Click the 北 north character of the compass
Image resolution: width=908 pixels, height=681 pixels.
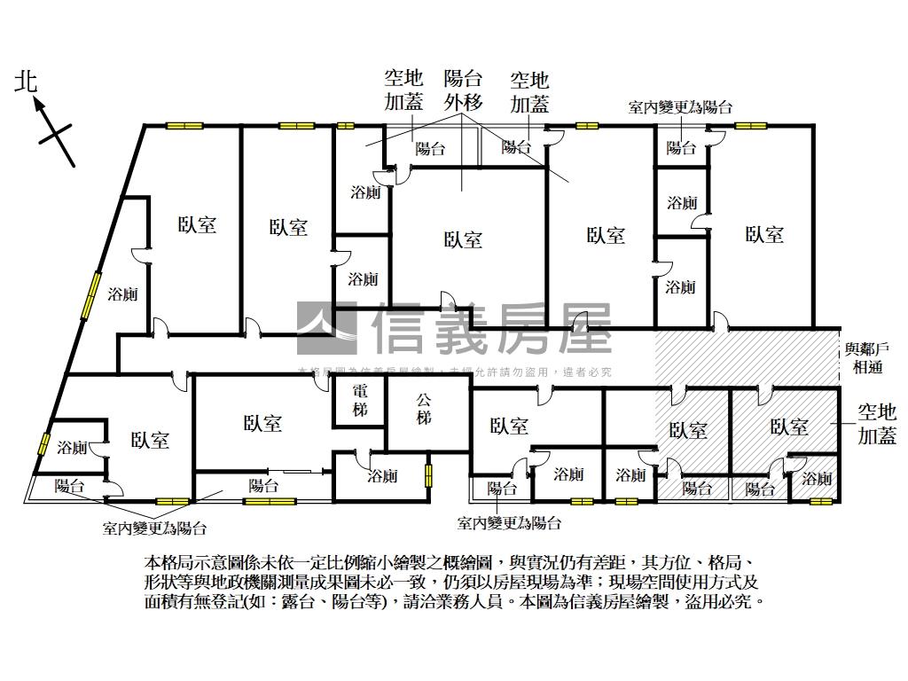pyautogui.click(x=26, y=83)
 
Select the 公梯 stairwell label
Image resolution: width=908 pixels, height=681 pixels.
pyautogui.click(x=425, y=408)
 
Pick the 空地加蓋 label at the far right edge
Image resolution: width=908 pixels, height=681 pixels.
pyautogui.click(x=876, y=424)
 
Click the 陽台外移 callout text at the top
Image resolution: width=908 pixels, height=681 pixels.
pyautogui.click(x=463, y=90)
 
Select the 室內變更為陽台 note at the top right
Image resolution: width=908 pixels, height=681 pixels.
pyautogui.click(x=680, y=107)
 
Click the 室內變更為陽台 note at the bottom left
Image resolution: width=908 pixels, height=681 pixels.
pyautogui.click(x=154, y=528)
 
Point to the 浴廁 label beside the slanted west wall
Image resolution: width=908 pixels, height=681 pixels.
pyautogui.click(x=122, y=294)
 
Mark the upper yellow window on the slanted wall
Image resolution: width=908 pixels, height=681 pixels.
pyautogui.click(x=90, y=296)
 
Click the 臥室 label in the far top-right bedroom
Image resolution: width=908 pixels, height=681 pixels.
pyautogui.click(x=764, y=235)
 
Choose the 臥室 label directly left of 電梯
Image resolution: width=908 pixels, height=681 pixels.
pyautogui.click(x=262, y=423)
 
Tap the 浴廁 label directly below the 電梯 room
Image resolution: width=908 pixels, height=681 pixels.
pyautogui.click(x=383, y=476)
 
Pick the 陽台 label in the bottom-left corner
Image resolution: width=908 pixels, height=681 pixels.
pyautogui.click(x=69, y=486)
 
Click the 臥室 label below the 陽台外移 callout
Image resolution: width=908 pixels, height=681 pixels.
pyautogui.click(x=463, y=239)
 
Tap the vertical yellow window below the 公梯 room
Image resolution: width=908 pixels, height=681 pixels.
pyautogui.click(x=427, y=476)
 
